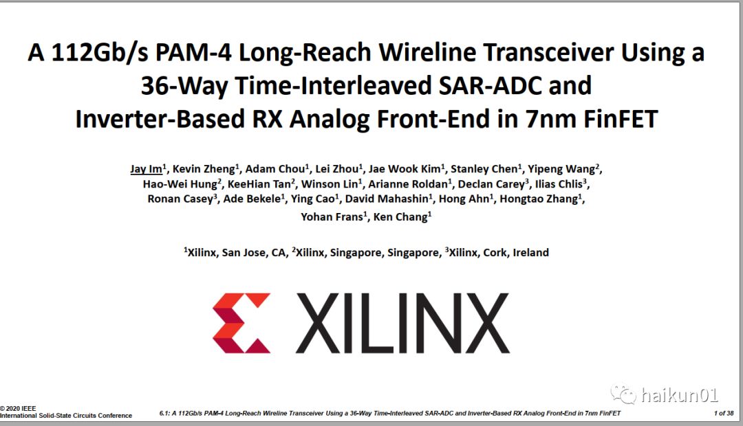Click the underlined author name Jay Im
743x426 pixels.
146,169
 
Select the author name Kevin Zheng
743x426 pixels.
203,169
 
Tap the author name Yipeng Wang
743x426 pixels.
561,169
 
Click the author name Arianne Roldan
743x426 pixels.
408,184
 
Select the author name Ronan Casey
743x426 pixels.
180,199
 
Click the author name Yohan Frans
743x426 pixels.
332,217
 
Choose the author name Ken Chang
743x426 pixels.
400,217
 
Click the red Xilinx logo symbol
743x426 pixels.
241,323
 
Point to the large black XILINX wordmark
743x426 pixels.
402,323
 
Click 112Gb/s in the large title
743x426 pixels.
100,52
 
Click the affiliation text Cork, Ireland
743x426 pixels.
516,253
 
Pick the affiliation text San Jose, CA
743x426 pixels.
253,253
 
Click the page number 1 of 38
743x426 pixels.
724,413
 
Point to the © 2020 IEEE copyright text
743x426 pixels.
18,409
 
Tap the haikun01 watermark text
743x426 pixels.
679,395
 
